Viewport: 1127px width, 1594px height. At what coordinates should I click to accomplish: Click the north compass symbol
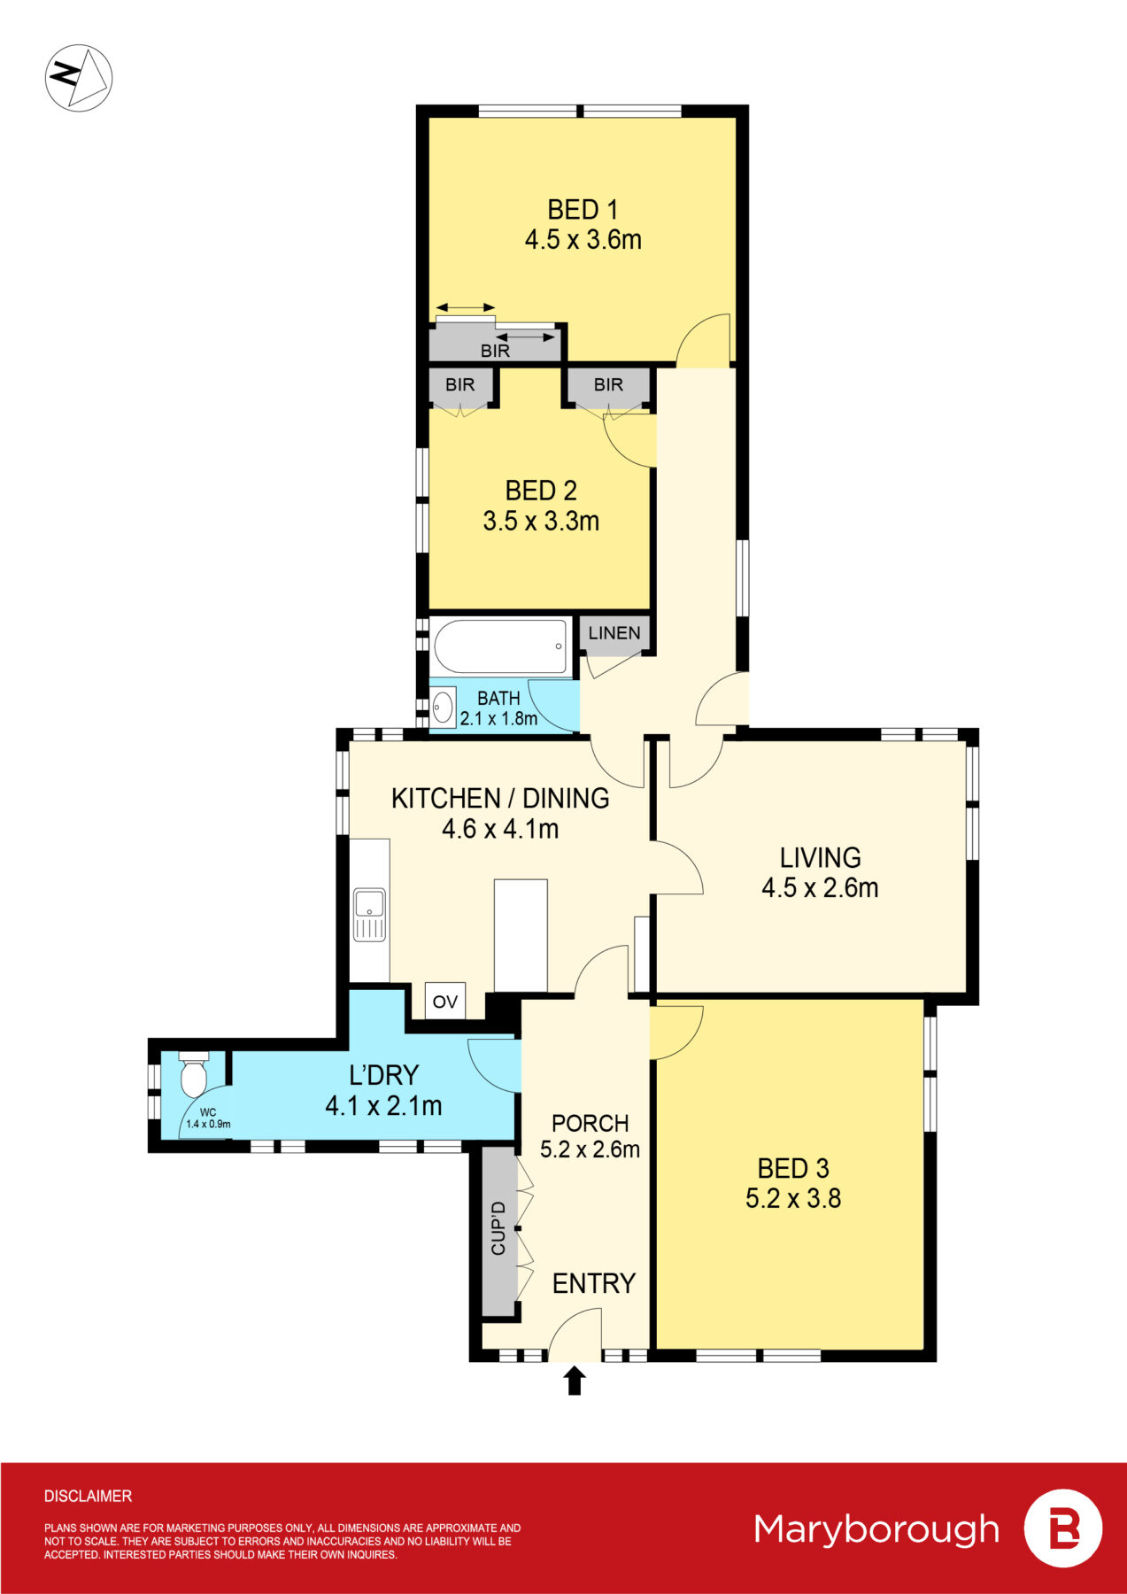pos(79,78)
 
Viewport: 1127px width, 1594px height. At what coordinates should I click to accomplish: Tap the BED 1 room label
pos(583,210)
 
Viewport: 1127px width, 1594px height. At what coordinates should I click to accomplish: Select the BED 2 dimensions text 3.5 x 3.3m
pos(541,521)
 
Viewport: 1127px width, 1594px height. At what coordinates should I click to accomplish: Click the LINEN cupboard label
pos(614,633)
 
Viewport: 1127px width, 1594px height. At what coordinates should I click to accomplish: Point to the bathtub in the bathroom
pos(500,646)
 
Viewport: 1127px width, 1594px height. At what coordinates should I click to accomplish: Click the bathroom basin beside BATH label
pos(443,707)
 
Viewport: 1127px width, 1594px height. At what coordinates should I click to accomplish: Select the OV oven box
pos(444,1002)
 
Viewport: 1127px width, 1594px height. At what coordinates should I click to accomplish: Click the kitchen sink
pos(369,905)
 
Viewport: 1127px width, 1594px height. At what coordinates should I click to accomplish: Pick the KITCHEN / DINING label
pos(500,799)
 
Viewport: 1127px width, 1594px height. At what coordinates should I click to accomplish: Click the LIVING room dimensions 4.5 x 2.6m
pos(820,888)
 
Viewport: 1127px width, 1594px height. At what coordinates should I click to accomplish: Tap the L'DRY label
pos(383,1075)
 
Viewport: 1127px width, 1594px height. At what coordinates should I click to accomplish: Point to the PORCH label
pos(590,1123)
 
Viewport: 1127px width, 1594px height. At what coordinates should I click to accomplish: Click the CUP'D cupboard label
pos(498,1228)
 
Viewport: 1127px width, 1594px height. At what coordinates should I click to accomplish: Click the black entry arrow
pos(575,1381)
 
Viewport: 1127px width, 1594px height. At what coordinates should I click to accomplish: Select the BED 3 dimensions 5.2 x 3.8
pos(793,1199)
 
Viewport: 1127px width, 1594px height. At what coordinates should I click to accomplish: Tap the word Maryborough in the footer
pos(876,1529)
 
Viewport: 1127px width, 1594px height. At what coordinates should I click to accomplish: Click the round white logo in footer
pos(1062,1528)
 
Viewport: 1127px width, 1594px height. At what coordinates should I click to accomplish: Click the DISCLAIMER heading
pos(88,1497)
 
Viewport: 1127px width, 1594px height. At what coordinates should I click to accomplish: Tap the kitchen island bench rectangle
pos(521,935)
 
